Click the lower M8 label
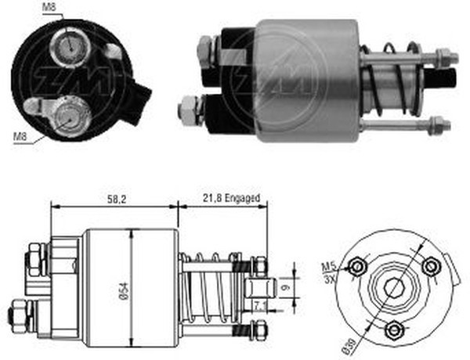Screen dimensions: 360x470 (x=21, y=137)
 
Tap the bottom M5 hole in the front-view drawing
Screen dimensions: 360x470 (x=396, y=327)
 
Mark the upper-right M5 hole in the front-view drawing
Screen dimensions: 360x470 (x=428, y=266)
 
